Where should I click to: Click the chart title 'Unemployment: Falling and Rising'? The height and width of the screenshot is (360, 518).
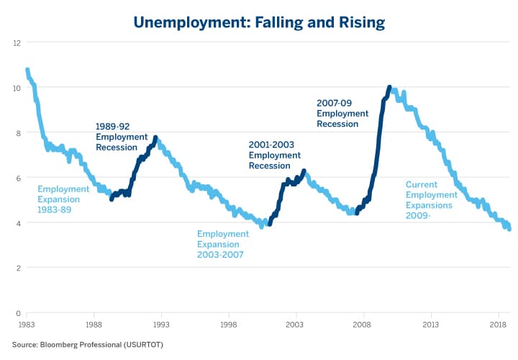coord(258,22)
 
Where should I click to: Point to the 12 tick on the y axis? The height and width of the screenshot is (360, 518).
coord(17,43)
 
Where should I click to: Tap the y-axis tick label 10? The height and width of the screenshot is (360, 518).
coord(17,88)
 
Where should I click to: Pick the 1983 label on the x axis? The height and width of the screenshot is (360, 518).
coord(27,325)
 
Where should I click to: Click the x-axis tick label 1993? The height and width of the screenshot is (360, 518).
coord(161,325)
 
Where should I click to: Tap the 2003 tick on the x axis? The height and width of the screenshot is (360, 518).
coord(296,325)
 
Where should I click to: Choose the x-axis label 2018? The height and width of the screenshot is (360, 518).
coord(498,325)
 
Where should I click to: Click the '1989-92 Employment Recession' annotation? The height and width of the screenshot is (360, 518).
coord(121,137)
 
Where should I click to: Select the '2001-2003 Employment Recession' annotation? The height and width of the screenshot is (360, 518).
coord(275,155)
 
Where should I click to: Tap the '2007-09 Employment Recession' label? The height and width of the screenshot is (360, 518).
coord(342,113)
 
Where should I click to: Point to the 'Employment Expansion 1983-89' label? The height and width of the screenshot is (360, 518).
coord(63,199)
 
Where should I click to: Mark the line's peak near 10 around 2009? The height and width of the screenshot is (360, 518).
coord(389,87)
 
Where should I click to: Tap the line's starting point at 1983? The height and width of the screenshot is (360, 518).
coord(27,70)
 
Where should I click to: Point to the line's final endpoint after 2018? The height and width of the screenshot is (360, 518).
coord(509,229)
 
